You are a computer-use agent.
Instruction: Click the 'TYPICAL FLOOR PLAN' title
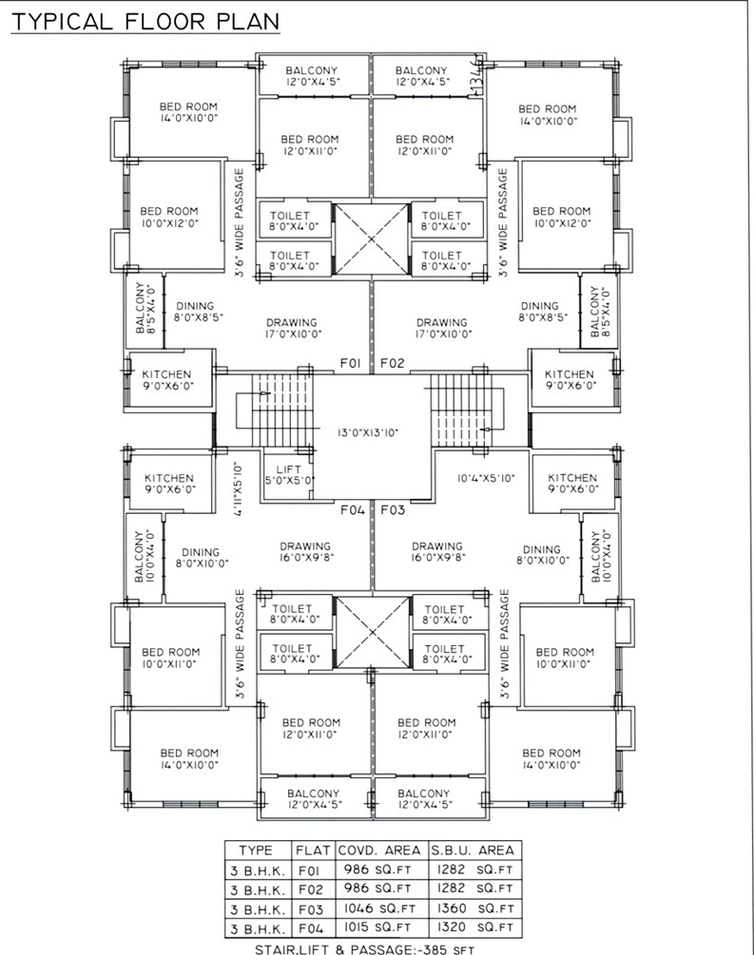point(145,22)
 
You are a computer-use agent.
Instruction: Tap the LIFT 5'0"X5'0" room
point(288,475)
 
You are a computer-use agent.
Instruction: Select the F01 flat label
point(350,364)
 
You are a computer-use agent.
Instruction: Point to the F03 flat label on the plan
point(393,509)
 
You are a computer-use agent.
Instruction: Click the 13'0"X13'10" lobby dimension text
point(368,433)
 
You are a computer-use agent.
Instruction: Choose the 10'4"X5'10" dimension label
point(487,479)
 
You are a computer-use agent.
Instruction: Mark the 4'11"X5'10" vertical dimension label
point(239,490)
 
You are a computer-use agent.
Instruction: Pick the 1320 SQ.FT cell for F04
point(474,927)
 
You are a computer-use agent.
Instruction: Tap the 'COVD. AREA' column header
point(379,850)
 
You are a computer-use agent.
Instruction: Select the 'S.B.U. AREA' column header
point(473,850)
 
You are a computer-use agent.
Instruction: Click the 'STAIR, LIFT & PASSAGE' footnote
point(364,949)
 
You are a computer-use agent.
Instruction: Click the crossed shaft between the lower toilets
point(373,632)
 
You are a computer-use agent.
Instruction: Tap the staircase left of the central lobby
point(276,410)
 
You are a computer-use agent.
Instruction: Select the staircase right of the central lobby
point(467,410)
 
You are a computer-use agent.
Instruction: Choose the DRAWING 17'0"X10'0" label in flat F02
point(442,328)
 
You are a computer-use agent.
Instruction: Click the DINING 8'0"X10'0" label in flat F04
point(203,558)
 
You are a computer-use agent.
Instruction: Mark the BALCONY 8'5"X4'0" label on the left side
point(145,308)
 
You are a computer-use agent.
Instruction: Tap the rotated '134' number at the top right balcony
point(478,76)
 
